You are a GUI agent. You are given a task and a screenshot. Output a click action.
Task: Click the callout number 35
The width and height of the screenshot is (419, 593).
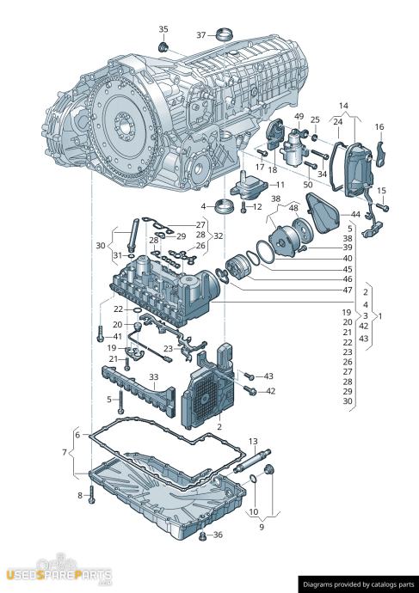coord(163,29)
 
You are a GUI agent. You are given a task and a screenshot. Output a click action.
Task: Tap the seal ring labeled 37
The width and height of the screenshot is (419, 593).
coord(225,34)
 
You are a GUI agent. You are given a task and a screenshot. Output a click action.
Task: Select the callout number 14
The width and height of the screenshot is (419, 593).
coord(343,106)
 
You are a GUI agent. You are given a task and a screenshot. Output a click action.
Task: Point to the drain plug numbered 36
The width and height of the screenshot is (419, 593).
coord(202,536)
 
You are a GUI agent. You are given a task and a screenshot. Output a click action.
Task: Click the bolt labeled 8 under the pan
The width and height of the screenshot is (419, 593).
coord(91,495)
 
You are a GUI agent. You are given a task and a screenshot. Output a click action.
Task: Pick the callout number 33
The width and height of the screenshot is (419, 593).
coord(153,377)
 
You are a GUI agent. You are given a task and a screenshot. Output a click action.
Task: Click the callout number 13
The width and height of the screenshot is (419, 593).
coord(253,441)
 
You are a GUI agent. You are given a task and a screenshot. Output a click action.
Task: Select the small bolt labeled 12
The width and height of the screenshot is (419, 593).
coord(243,207)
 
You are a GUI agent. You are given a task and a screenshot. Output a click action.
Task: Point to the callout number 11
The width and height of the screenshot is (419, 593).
coord(280,185)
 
